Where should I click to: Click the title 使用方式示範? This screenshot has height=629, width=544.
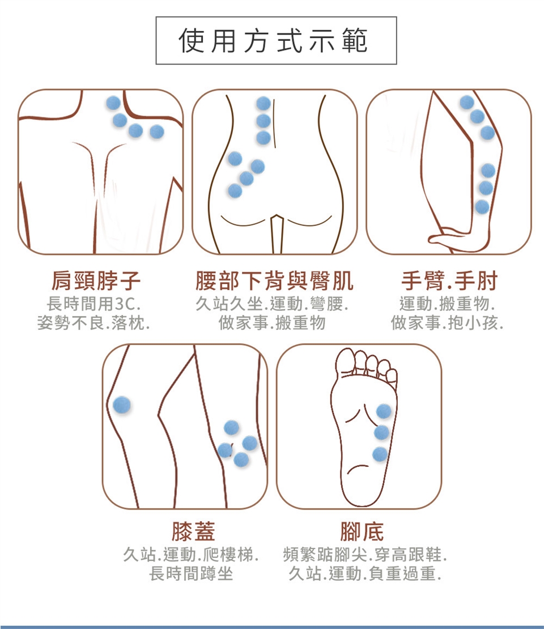273,40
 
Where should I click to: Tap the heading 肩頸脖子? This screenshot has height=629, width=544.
96,280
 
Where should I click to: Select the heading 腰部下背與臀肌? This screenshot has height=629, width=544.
274,280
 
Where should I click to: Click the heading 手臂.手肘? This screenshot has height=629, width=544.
449,280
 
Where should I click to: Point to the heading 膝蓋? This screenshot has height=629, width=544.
193,531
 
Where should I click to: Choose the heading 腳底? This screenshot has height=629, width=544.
362,531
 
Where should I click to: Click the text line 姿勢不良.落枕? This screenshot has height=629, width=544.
93,322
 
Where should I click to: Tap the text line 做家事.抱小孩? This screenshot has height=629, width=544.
447,322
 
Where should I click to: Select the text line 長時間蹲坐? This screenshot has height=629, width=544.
191,573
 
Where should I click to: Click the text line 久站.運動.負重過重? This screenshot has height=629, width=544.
365,573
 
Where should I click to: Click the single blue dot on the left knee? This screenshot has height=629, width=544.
122,405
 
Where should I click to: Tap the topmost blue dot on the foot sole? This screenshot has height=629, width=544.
384,411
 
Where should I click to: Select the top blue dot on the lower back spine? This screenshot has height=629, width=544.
263,104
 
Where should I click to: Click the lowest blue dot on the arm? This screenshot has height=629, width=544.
482,207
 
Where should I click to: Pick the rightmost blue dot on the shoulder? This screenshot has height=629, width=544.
156,131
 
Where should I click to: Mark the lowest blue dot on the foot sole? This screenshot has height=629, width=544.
380,454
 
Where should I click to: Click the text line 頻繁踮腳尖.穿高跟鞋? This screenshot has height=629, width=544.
365,555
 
